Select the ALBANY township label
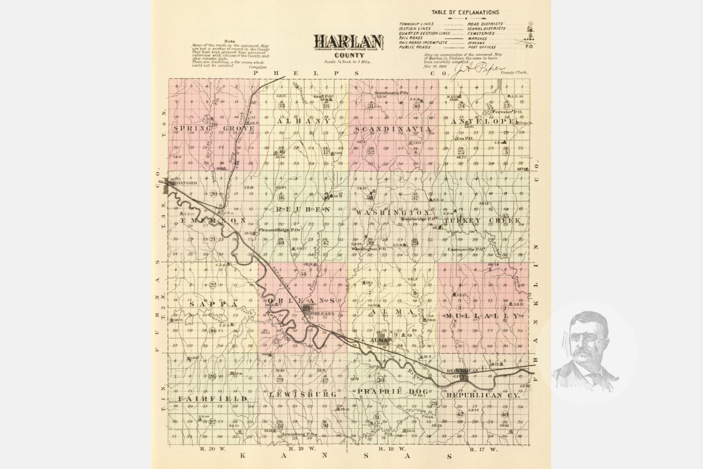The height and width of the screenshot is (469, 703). click(304, 121)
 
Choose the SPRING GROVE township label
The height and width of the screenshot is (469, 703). click(214, 128)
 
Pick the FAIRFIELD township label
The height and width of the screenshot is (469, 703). click(212, 399)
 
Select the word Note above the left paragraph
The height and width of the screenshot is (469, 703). click(230, 41)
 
